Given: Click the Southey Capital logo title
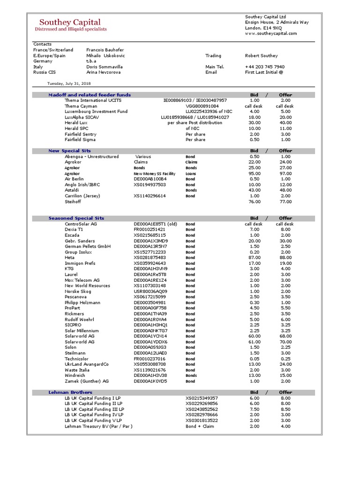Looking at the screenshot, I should (x=70, y=22).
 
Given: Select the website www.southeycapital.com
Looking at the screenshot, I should (x=271, y=33).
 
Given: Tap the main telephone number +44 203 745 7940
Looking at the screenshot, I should (x=264, y=67).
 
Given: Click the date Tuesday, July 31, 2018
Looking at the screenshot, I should (x=69, y=83).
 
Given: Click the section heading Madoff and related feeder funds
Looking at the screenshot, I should (x=90, y=95).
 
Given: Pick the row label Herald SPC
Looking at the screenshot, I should (x=77, y=128).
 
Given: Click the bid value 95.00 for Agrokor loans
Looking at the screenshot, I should (x=255, y=173).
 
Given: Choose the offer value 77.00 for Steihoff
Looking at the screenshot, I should (x=285, y=202).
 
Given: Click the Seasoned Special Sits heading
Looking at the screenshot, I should (x=76, y=218).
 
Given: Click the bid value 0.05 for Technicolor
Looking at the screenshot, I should (x=255, y=359).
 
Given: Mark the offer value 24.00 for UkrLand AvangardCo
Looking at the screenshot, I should (x=285, y=364).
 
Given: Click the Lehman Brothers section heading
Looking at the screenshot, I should (x=70, y=392).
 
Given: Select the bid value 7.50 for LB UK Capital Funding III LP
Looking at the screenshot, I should (x=255, y=409).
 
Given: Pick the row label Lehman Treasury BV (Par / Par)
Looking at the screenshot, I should (x=98, y=426).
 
